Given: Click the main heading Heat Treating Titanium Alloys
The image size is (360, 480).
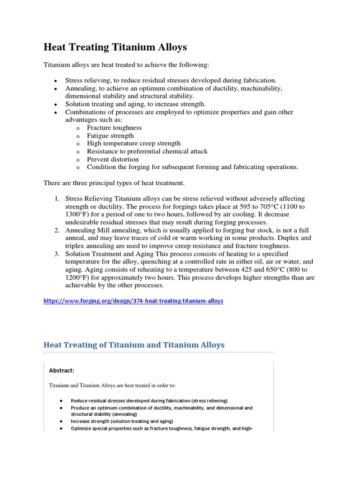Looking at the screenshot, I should [x=115, y=47].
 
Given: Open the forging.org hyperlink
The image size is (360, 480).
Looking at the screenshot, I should [x=133, y=301].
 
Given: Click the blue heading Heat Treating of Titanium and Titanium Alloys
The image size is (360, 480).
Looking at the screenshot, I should [x=134, y=345].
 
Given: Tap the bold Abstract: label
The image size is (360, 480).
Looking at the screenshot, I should [x=61, y=370].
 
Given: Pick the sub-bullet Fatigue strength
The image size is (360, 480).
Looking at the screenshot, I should [x=110, y=135].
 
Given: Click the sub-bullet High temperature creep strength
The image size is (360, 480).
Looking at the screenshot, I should [x=134, y=143].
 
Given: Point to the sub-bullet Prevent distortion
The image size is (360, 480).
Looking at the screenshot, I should [x=113, y=159].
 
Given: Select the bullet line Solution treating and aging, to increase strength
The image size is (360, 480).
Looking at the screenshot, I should [x=135, y=104].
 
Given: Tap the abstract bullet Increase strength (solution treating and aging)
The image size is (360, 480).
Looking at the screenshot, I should [x=121, y=421].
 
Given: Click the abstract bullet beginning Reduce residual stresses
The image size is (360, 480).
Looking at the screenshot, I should [x=149, y=401].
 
